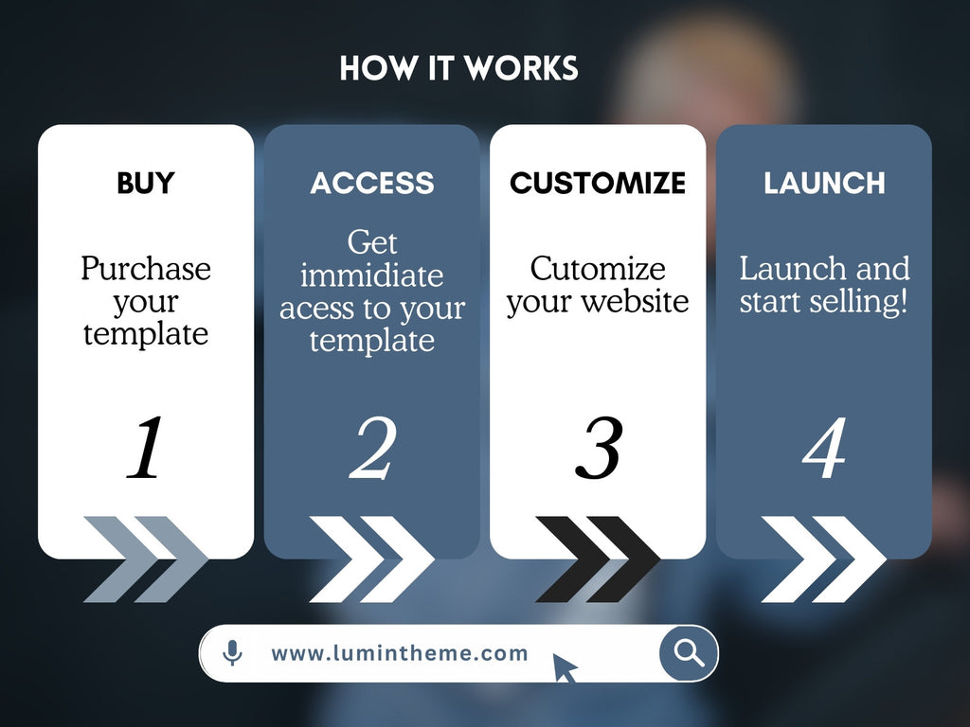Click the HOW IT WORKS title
[x=458, y=68]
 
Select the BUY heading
[x=146, y=183]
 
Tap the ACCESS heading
[x=372, y=183]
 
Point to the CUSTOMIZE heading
[x=598, y=183]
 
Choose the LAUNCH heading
[x=824, y=183]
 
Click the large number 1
[x=146, y=447]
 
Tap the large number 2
[x=372, y=447]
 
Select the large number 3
[x=599, y=447]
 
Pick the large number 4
[x=824, y=447]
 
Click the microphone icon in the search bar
[x=233, y=653]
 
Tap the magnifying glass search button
[x=690, y=653]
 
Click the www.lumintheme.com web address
[x=400, y=653]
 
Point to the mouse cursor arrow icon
[x=565, y=667]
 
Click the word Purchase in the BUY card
[x=146, y=268]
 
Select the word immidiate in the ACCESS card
[x=371, y=275]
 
